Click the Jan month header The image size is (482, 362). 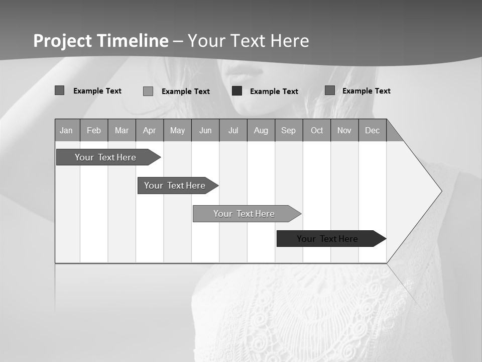pyautogui.click(x=67, y=131)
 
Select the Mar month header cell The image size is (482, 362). pyautogui.click(x=122, y=131)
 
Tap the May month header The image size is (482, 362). pyautogui.click(x=177, y=131)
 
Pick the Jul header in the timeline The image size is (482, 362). pyautogui.click(x=233, y=131)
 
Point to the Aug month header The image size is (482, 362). pyautogui.click(x=261, y=131)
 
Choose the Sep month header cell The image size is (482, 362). pyautogui.click(x=289, y=131)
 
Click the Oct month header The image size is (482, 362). pyautogui.click(x=317, y=131)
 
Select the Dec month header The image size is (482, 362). pyautogui.click(x=373, y=131)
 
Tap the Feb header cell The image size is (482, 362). pyautogui.click(x=94, y=131)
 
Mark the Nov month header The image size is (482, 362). pyautogui.click(x=344, y=131)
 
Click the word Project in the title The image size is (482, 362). pyautogui.click(x=62, y=41)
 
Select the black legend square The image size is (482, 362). pyautogui.click(x=237, y=91)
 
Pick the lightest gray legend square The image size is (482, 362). pyautogui.click(x=148, y=91)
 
